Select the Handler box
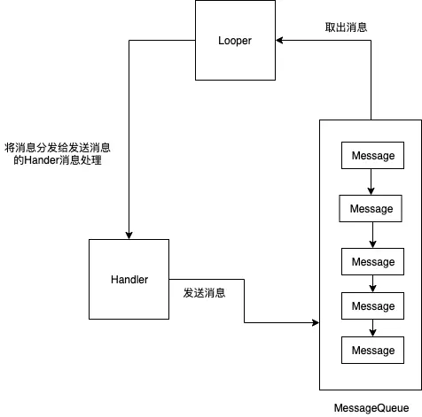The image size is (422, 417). [x=129, y=279]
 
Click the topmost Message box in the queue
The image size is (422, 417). [x=372, y=156]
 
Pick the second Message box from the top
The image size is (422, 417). [x=371, y=209]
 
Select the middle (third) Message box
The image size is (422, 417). [x=372, y=262]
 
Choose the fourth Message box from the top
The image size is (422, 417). [x=372, y=305]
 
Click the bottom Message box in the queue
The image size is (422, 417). [x=372, y=350]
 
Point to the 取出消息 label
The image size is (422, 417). [x=346, y=27]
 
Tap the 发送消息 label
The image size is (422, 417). [x=204, y=292]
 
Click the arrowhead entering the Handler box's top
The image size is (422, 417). [x=129, y=233]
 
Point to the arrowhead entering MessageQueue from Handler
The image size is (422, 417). [x=315, y=323]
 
